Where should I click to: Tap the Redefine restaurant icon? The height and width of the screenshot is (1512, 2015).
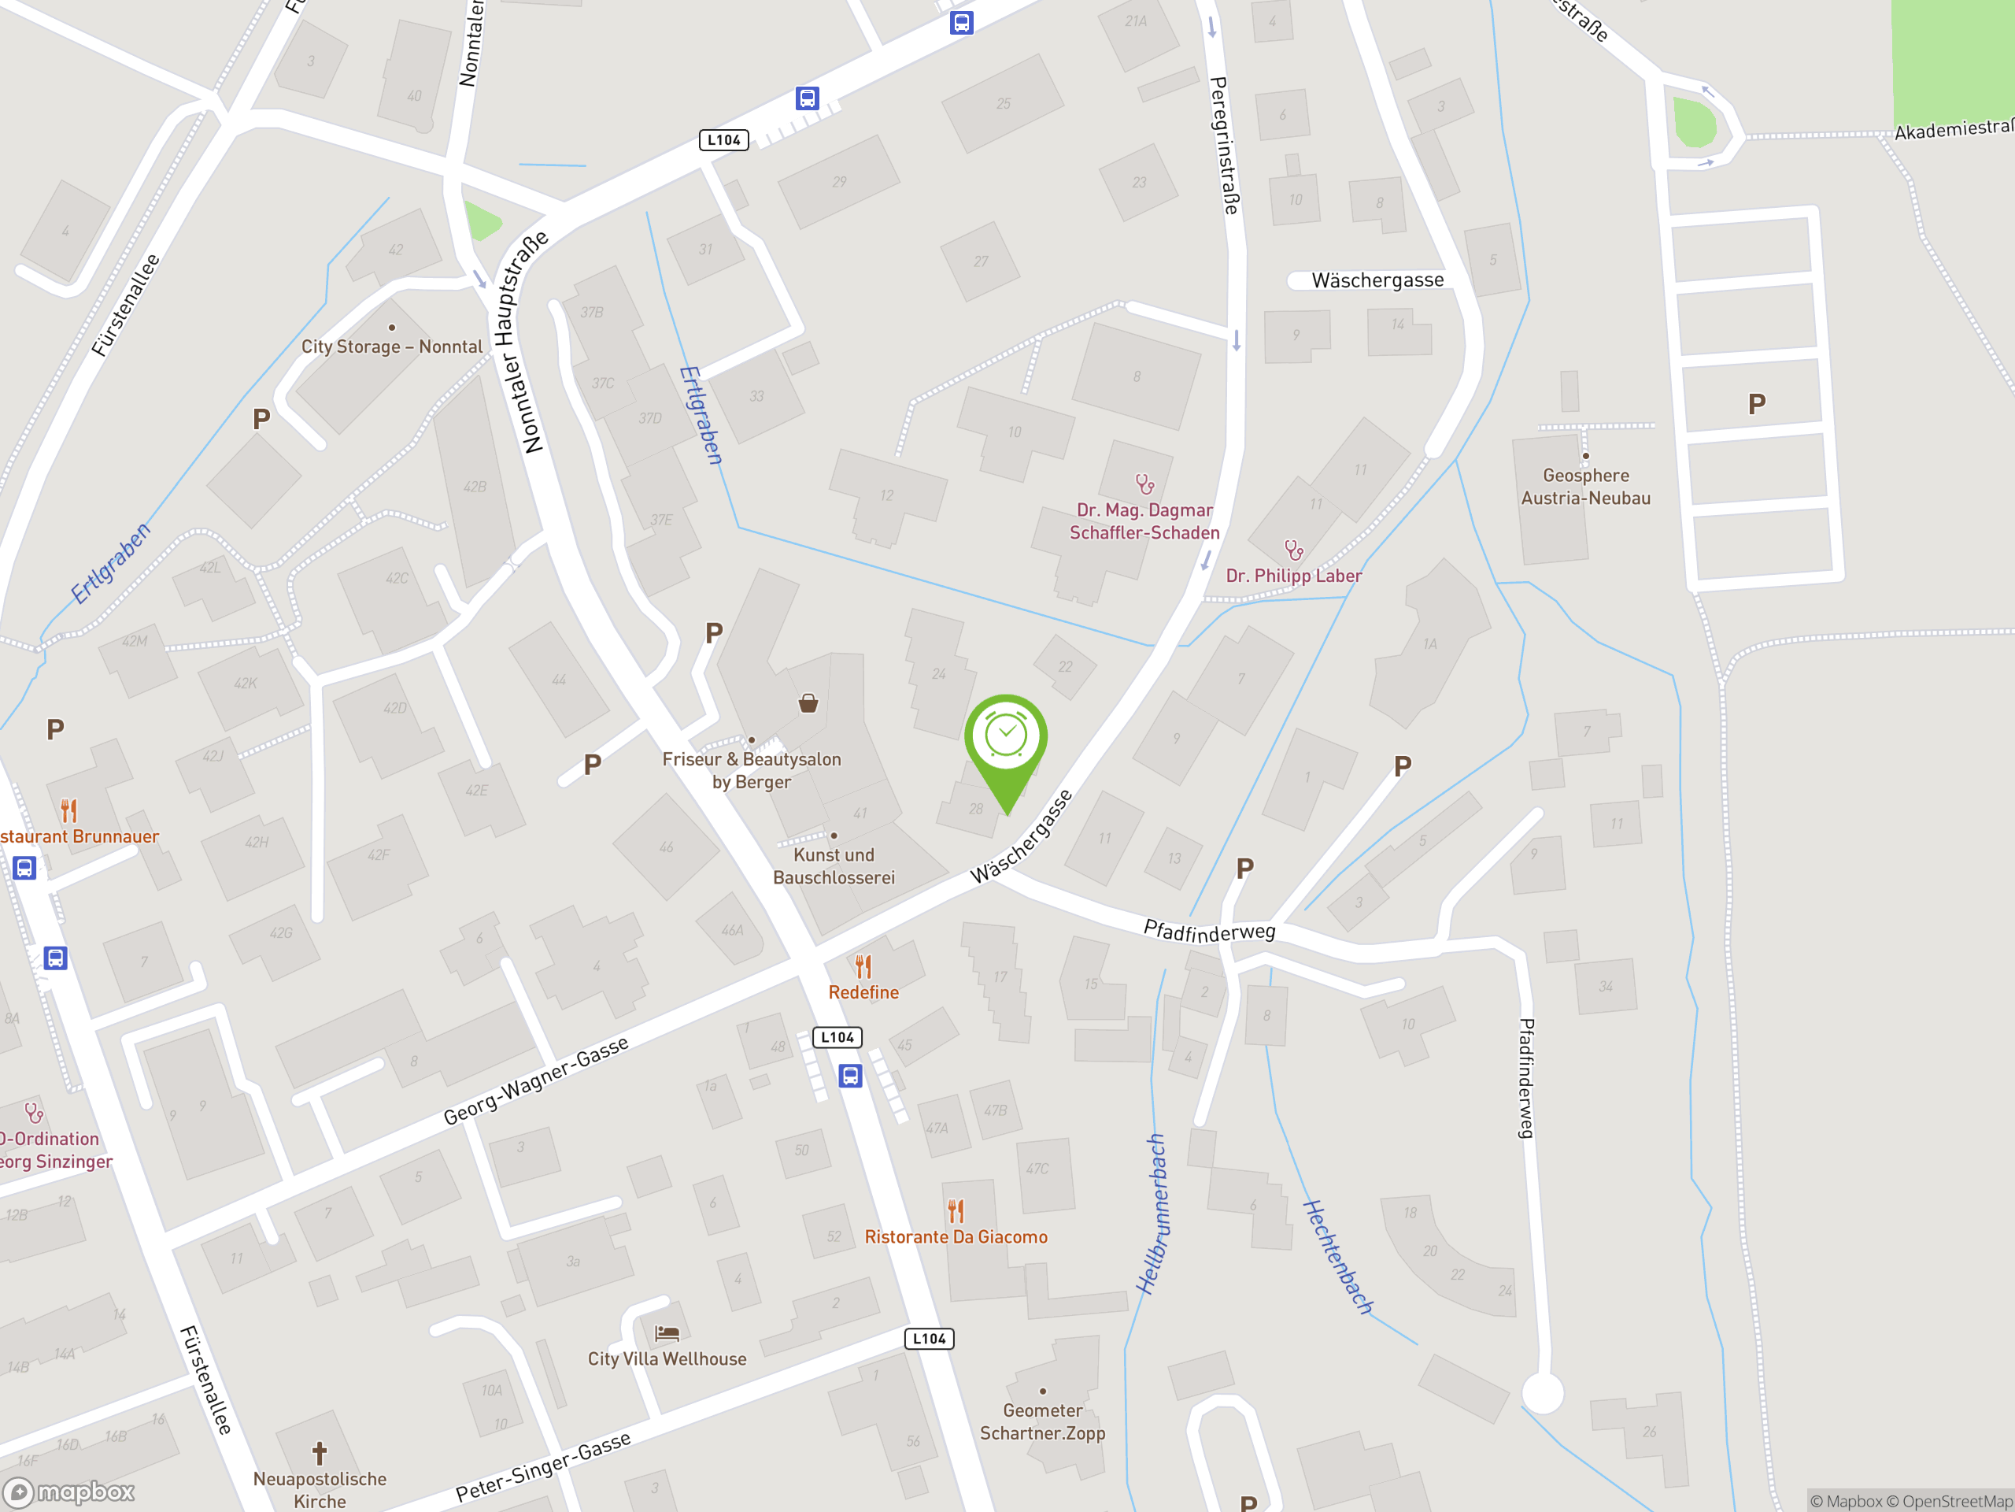tap(863, 966)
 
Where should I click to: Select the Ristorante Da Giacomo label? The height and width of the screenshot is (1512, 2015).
tap(956, 1236)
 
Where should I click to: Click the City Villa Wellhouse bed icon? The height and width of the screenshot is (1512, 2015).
tap(667, 1333)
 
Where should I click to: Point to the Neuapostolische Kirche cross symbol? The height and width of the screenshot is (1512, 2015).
tap(320, 1453)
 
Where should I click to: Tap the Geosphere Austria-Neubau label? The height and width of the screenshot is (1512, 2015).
tap(1585, 487)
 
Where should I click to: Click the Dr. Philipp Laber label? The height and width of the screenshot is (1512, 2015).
tap(1293, 576)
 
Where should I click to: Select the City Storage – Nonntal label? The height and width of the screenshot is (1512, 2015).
tap(392, 346)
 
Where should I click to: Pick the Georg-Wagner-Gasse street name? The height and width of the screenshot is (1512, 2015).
tap(536, 1081)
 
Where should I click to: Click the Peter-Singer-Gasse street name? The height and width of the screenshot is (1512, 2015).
tap(543, 1466)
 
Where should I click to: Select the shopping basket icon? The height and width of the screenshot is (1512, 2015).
tap(808, 702)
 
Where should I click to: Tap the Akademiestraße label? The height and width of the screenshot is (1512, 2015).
tap(1953, 129)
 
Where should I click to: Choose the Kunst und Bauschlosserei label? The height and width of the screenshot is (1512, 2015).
tap(834, 865)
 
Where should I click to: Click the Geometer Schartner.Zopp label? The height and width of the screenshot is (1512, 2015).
tap(1042, 1421)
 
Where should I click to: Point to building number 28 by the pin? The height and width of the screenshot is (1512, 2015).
tap(975, 809)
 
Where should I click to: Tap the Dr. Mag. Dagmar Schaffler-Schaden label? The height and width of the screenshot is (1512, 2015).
tap(1144, 521)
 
